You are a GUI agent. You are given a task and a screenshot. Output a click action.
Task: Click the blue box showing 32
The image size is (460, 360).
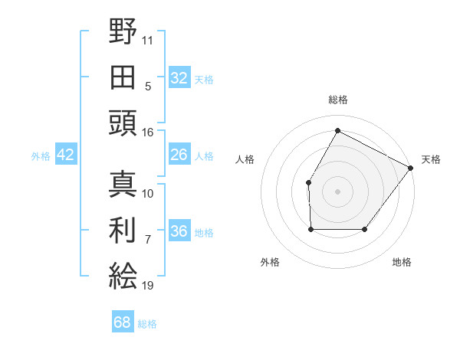(x=179, y=77)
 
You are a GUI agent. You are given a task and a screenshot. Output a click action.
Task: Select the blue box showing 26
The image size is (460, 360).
(x=179, y=155)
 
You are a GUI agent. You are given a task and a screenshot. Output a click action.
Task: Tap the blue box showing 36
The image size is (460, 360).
(x=179, y=231)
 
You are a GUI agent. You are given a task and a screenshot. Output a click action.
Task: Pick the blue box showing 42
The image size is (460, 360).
(x=66, y=155)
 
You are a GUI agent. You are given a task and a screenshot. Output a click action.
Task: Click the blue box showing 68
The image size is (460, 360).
(x=122, y=322)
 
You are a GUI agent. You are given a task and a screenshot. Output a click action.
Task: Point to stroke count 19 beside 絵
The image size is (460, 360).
(x=147, y=286)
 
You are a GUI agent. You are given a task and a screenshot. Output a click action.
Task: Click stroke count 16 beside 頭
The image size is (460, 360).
(x=147, y=132)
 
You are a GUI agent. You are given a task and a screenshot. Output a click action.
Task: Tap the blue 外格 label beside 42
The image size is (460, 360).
(x=41, y=155)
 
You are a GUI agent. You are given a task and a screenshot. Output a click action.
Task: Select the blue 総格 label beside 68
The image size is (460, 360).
(x=147, y=323)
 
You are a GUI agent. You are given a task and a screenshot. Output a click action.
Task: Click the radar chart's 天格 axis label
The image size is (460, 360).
(x=431, y=159)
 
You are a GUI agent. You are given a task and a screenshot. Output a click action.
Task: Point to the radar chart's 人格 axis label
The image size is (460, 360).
(x=245, y=159)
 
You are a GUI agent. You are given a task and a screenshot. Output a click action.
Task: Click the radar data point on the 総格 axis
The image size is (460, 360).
(x=337, y=130)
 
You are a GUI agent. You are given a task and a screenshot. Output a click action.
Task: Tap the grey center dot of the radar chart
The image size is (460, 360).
(x=337, y=191)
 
